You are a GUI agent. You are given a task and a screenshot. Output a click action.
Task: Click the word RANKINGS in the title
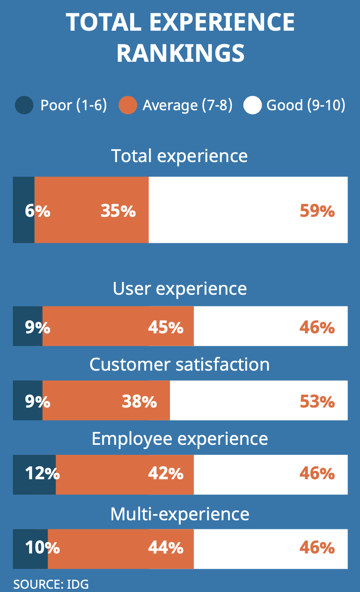(x=180, y=53)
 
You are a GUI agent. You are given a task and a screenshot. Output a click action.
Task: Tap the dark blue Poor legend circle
(x=24, y=105)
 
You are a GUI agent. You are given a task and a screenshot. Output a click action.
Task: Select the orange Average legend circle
(x=127, y=105)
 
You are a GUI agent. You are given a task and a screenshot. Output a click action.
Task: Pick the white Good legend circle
(x=252, y=105)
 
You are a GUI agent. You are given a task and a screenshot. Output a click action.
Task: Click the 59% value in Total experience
(x=317, y=211)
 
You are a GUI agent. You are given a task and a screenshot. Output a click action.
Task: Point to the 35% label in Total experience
(x=118, y=211)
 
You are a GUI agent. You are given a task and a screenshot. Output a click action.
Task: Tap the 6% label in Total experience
(x=37, y=211)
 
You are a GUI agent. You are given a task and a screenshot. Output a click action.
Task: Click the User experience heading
(x=180, y=289)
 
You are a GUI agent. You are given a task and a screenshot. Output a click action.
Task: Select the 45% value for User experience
(x=166, y=328)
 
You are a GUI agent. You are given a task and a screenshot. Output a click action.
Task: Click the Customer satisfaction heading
(x=180, y=364)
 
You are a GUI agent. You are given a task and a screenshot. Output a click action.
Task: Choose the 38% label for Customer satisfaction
(x=139, y=402)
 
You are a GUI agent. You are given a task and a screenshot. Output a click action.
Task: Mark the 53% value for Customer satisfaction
(x=317, y=402)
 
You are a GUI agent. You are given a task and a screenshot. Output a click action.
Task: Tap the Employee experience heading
(x=180, y=439)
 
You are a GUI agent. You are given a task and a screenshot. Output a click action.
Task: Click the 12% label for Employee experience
(x=42, y=473)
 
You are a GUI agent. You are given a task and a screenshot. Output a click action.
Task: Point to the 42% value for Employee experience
(x=166, y=473)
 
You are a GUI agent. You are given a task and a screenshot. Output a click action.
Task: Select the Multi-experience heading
(x=180, y=514)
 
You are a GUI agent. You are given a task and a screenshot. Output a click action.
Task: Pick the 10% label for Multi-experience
(x=42, y=548)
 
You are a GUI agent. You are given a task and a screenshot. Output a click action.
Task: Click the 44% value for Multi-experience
(x=166, y=548)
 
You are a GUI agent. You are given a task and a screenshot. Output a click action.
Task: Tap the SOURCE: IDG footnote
(x=51, y=584)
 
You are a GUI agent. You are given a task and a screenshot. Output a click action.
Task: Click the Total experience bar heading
(x=180, y=156)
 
